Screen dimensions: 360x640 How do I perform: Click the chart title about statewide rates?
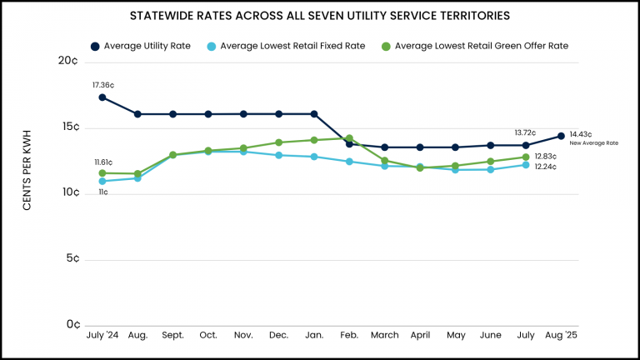(x=320, y=16)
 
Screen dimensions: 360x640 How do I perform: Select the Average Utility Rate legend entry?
(x=141, y=46)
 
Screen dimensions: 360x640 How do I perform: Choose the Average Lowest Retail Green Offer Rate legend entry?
(x=475, y=46)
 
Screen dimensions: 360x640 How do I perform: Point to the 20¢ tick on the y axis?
(x=69, y=62)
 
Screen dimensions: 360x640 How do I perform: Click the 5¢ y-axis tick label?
(x=72, y=259)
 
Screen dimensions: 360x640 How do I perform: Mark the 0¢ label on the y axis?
(x=72, y=324)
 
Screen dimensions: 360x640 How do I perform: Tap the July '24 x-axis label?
(x=102, y=335)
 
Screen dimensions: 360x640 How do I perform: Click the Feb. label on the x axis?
(x=349, y=335)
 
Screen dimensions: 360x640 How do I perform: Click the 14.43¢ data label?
(x=581, y=134)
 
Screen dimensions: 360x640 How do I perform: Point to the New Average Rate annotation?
(x=593, y=143)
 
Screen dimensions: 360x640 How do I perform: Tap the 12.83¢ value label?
(x=545, y=157)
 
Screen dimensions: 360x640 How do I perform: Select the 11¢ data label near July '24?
(x=102, y=192)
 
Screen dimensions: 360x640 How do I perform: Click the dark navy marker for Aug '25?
(x=561, y=136)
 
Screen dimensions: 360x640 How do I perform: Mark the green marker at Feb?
(x=349, y=138)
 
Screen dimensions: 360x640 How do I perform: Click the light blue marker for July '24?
(x=102, y=181)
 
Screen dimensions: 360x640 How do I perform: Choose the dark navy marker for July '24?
(x=102, y=97)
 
